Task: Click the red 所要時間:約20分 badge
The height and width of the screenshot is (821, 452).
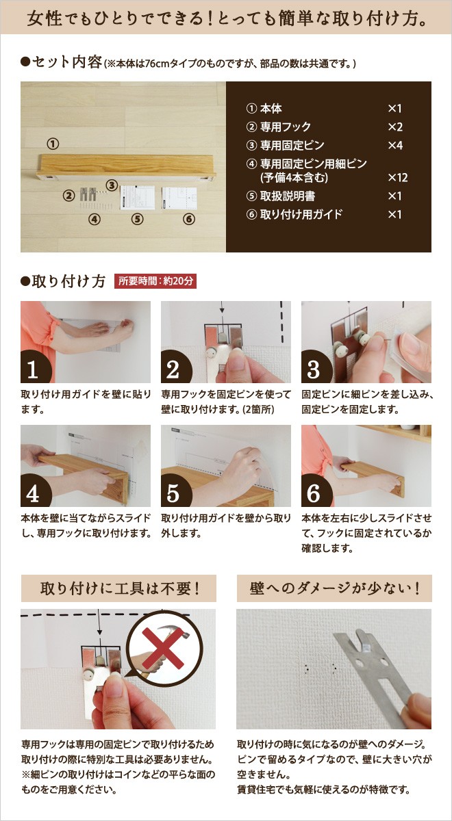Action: (x=155, y=281)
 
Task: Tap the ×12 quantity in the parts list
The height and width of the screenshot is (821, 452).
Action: (x=398, y=178)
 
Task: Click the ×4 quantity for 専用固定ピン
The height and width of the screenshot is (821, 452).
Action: (x=395, y=145)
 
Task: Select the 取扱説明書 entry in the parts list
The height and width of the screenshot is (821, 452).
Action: (x=281, y=196)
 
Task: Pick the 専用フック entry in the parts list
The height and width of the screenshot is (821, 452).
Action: (x=279, y=127)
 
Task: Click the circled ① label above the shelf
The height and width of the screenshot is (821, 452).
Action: (x=53, y=144)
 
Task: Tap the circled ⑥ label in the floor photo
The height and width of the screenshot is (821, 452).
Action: (x=188, y=219)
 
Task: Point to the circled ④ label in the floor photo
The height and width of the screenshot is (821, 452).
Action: (x=95, y=219)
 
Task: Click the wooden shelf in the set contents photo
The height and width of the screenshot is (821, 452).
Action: (x=126, y=167)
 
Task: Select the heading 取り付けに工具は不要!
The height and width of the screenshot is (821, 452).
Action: (x=119, y=588)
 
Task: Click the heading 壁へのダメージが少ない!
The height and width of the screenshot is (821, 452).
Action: (x=334, y=588)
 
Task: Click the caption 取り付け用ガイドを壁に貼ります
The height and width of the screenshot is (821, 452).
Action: (x=86, y=402)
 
